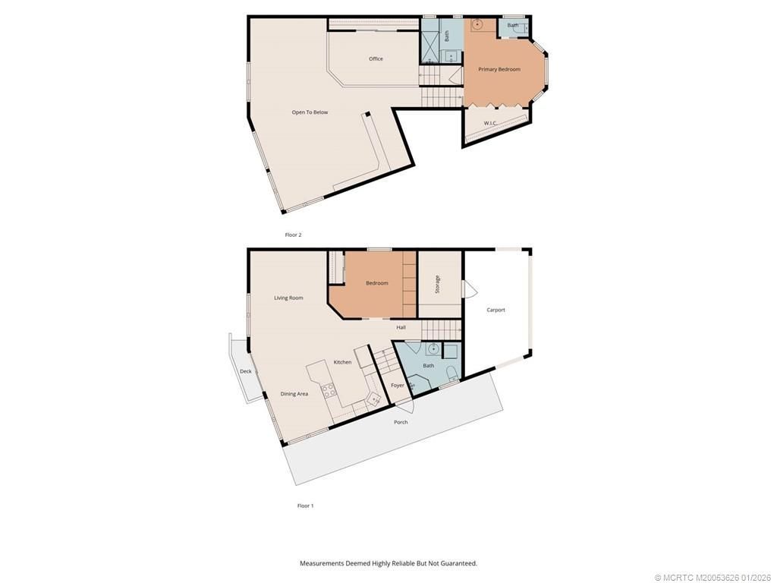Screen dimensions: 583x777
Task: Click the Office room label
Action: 376,59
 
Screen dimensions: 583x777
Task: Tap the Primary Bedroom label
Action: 499,70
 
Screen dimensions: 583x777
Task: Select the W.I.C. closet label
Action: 491,123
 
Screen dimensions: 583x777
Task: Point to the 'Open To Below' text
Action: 310,112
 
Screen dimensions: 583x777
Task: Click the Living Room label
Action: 288,298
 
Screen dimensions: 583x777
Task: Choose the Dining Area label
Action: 294,394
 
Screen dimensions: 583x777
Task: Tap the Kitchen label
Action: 342,362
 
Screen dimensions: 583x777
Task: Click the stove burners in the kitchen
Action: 329,391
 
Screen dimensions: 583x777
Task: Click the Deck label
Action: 245,371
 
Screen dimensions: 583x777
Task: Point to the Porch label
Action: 401,422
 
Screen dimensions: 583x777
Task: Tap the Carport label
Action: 495,310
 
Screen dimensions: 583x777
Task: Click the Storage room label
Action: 437,285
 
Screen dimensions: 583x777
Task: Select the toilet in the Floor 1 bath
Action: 451,372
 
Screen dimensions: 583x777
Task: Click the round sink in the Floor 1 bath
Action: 432,349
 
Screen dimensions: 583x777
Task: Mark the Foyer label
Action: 398,386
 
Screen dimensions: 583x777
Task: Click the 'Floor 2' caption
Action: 293,235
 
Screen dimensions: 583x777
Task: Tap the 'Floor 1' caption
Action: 305,506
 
